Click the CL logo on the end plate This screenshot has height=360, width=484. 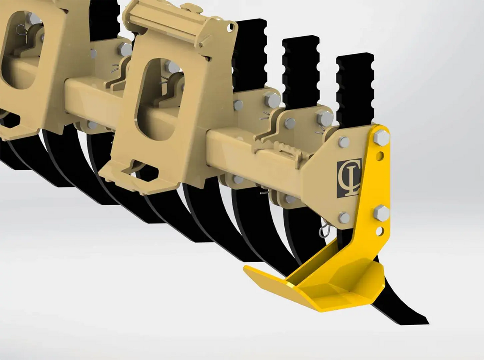[x=349, y=178]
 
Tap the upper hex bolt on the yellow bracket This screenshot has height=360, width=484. [x=381, y=138]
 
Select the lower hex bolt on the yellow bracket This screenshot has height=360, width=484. [x=381, y=213]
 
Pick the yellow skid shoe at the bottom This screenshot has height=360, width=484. [x=321, y=284]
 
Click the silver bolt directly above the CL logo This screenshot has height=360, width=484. [x=344, y=142]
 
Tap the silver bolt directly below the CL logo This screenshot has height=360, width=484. [x=344, y=217]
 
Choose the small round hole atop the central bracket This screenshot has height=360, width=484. [x=230, y=27]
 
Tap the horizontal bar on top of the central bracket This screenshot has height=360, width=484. [x=166, y=17]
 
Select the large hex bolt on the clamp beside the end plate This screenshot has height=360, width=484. [x=325, y=118]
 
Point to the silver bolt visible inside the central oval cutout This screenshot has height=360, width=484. [x=172, y=67]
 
